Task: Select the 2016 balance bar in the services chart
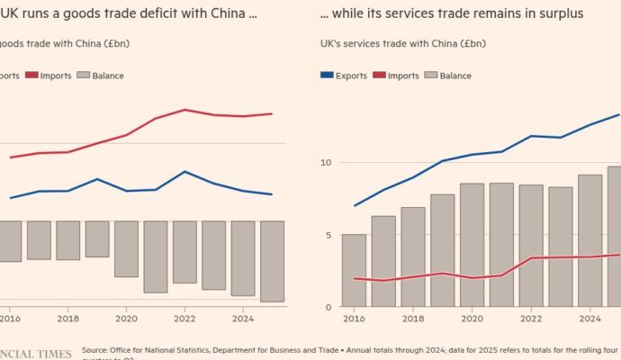click(x=354, y=270)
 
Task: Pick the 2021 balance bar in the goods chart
click(x=156, y=256)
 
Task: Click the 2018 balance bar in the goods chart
click(x=68, y=240)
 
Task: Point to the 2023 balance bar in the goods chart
click(x=213, y=255)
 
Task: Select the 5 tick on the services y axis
click(x=328, y=236)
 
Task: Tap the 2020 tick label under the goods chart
click(x=126, y=318)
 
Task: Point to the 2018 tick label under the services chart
click(x=412, y=318)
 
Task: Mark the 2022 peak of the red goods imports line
click(x=184, y=110)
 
